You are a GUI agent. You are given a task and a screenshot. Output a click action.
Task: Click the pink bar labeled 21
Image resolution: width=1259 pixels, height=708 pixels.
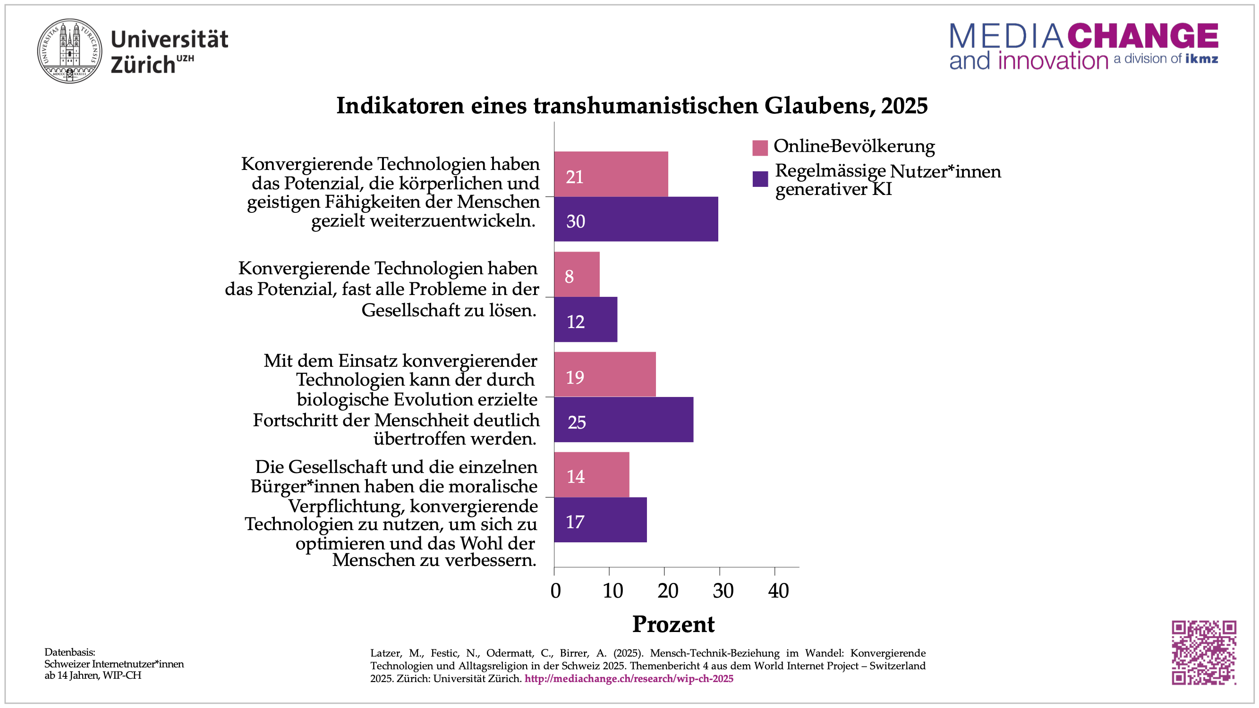click(611, 175)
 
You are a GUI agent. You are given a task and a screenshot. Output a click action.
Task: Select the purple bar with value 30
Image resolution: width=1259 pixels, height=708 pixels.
click(636, 219)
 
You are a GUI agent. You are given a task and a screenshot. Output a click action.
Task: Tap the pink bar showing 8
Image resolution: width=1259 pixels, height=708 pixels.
click(577, 275)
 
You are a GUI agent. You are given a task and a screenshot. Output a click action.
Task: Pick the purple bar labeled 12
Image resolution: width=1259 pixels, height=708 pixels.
click(586, 320)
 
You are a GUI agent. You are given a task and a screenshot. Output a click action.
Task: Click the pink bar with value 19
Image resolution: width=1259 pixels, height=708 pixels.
click(604, 375)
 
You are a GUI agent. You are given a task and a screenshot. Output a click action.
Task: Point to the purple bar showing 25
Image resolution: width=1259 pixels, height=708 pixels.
click(623, 420)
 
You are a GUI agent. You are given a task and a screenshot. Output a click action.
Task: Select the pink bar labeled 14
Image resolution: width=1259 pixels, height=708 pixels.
click(591, 475)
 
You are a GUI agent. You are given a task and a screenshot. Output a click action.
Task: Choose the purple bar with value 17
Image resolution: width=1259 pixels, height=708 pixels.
click(600, 520)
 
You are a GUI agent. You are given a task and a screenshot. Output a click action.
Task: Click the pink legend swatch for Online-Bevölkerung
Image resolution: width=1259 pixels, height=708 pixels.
click(760, 148)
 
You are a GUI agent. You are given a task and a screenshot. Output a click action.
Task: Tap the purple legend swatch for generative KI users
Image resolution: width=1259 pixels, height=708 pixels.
click(760, 179)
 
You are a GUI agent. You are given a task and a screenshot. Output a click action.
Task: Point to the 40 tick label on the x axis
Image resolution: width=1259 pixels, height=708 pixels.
click(778, 591)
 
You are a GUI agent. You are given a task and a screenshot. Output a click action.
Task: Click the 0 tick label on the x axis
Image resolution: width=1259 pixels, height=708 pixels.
click(555, 591)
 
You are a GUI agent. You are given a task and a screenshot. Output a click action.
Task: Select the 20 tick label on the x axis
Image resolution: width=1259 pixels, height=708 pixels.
click(668, 591)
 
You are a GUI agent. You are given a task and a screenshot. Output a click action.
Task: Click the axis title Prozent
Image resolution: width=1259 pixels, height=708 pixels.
click(673, 624)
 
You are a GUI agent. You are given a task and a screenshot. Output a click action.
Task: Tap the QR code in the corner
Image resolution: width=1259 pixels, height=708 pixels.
click(1203, 652)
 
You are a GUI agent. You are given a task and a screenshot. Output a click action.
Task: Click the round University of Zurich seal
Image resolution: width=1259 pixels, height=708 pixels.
click(70, 51)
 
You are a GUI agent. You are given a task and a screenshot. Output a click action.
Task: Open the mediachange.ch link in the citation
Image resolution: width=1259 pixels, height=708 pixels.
click(629, 679)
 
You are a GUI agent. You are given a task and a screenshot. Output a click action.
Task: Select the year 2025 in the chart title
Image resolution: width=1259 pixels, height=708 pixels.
click(904, 106)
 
